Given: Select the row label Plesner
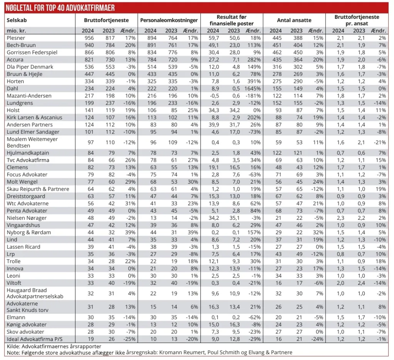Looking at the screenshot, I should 16,38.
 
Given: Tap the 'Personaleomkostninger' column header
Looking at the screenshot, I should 169,20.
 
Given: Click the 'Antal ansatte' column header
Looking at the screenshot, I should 294,20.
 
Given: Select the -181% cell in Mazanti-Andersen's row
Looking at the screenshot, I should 254,96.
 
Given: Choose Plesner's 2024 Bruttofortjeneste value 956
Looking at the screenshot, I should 89,38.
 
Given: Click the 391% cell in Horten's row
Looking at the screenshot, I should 254,81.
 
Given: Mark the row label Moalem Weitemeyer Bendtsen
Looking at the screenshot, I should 27,142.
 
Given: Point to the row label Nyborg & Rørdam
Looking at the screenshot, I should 23,233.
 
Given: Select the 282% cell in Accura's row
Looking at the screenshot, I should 254,60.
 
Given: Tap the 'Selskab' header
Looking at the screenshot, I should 17,20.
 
